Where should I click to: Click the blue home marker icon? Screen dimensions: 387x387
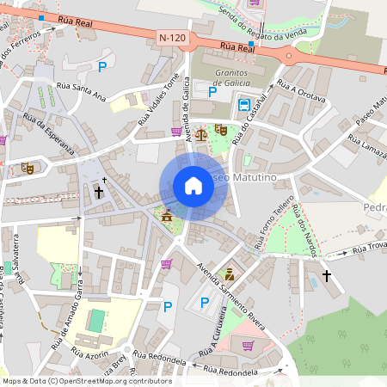point(193,186)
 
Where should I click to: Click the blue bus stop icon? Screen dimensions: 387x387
point(244,106)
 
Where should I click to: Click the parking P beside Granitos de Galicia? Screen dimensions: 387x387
point(212,91)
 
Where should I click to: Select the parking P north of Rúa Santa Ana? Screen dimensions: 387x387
point(103,66)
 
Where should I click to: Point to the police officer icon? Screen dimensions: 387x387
point(229,275)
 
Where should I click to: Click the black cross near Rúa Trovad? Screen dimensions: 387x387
point(326,275)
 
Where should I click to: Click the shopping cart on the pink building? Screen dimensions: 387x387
point(249,346)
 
